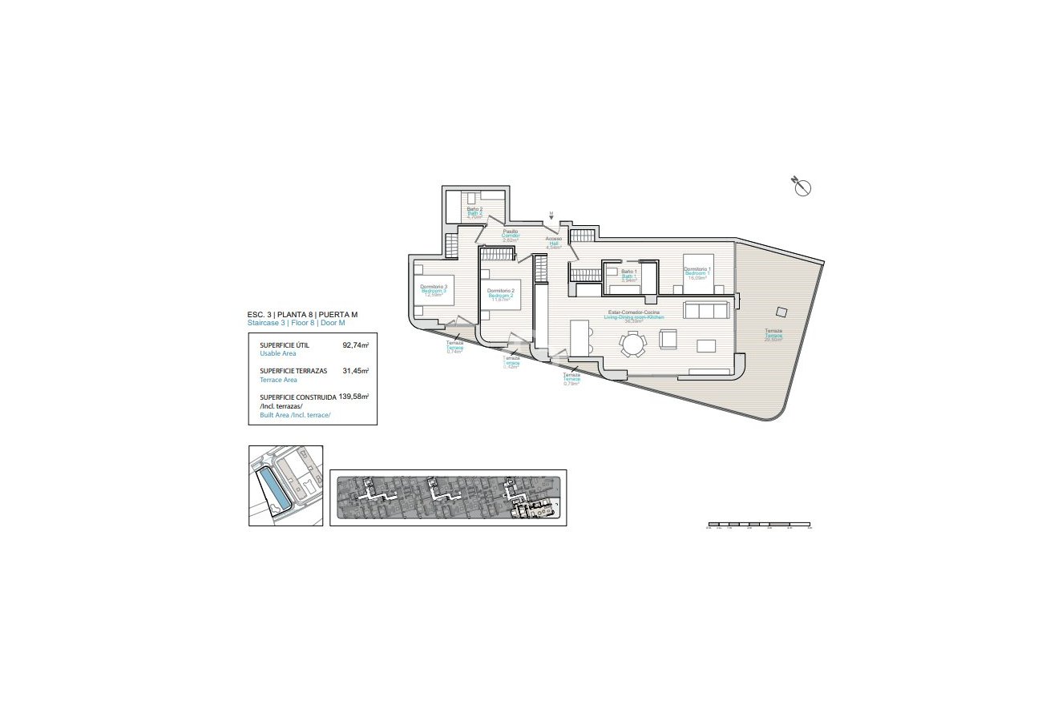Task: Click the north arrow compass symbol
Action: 802,187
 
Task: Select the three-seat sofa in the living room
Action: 706,310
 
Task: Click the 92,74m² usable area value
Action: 355,346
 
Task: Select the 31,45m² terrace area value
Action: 355,372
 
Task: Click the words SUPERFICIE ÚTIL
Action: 285,346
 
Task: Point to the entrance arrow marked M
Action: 551,216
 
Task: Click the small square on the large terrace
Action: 781,313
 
